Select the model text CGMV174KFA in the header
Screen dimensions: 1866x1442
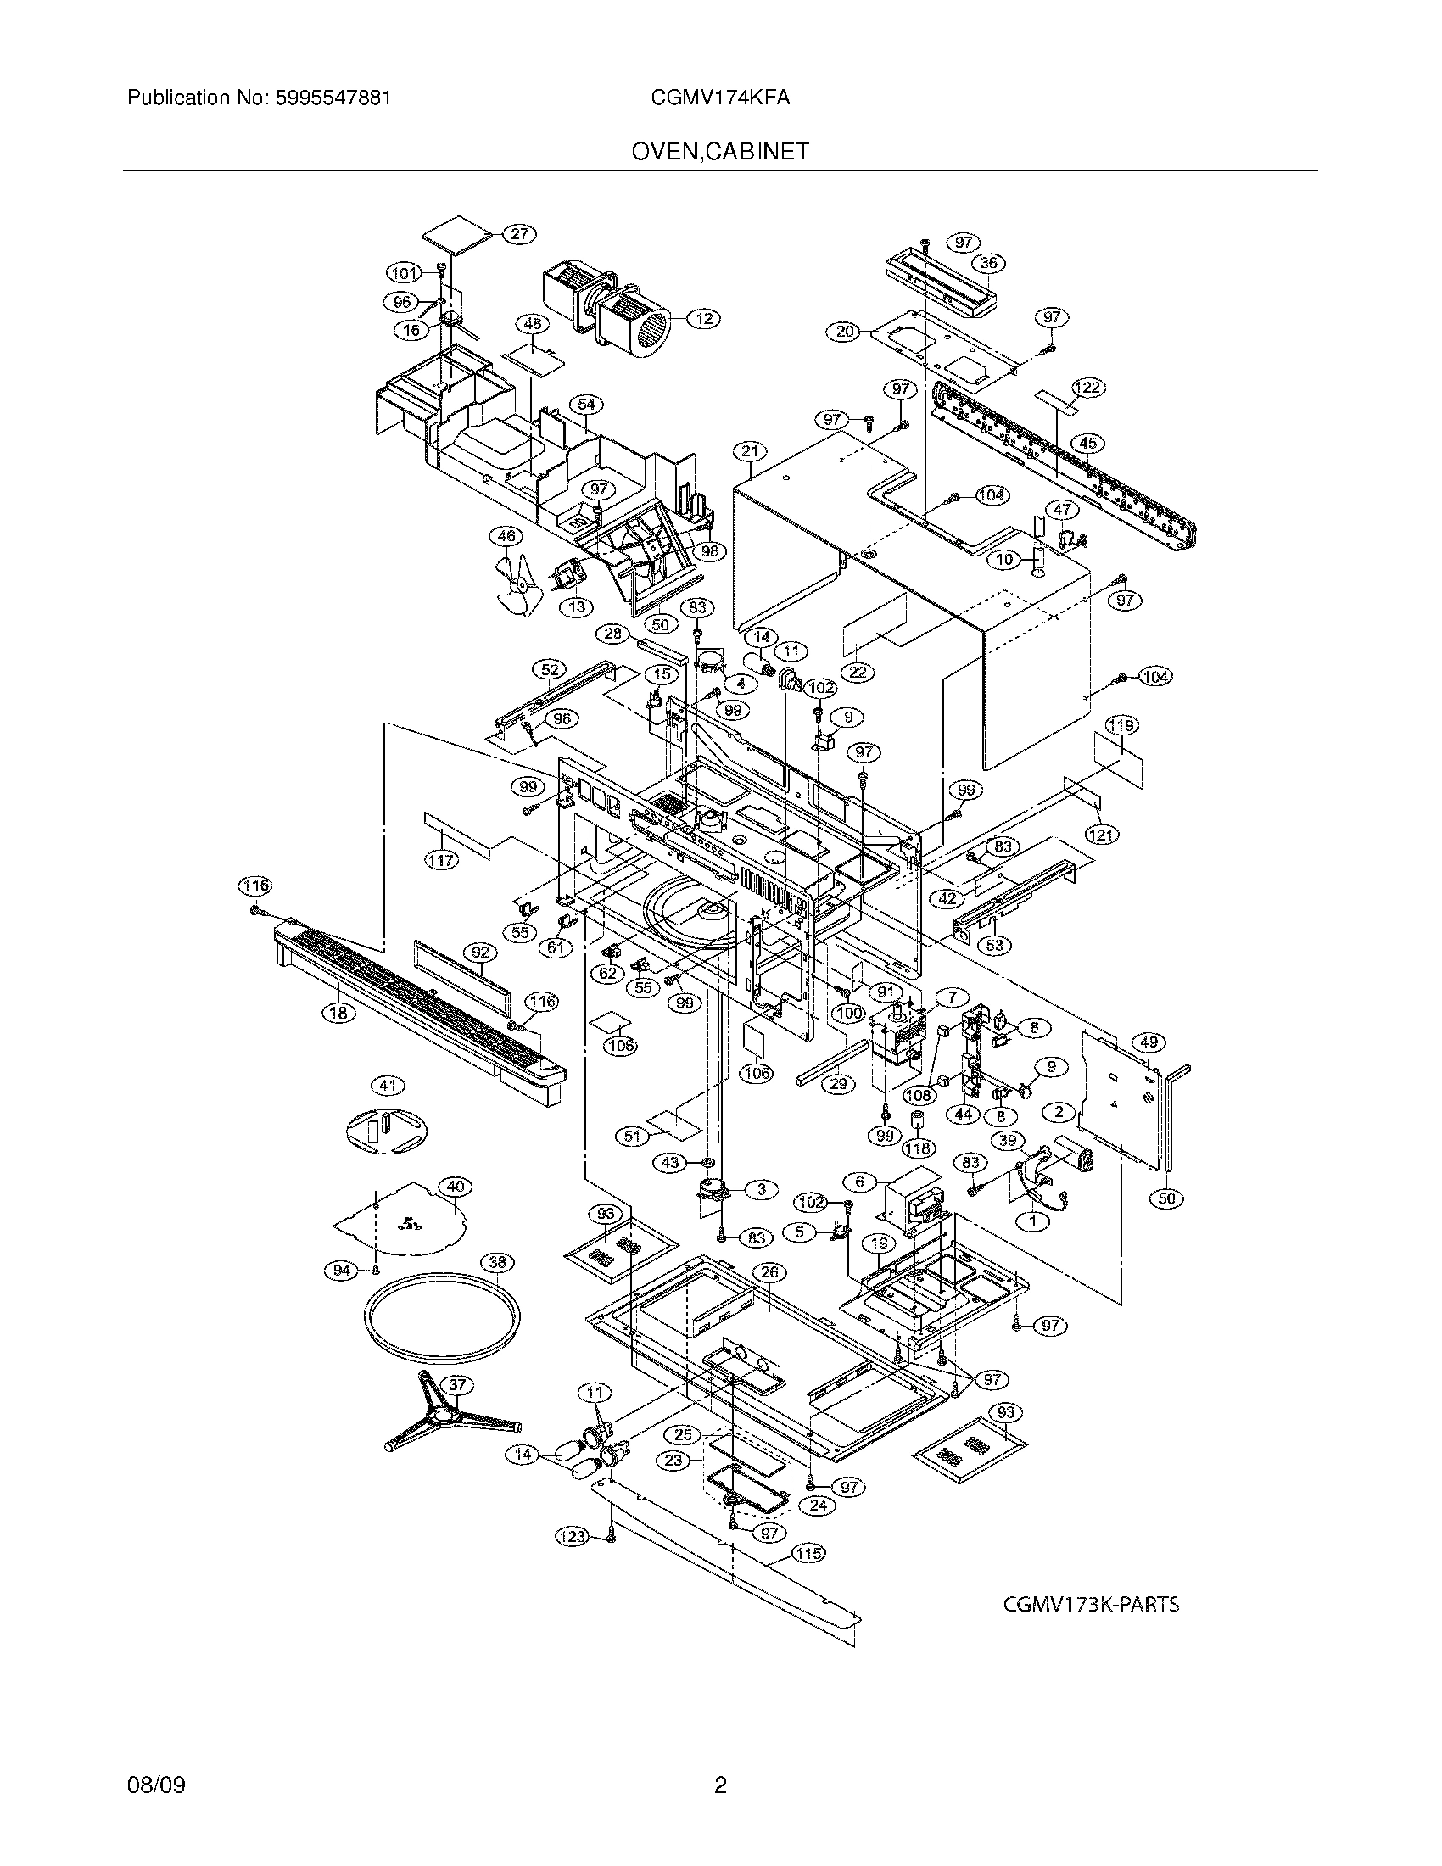(x=719, y=98)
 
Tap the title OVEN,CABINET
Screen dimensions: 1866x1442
(x=719, y=152)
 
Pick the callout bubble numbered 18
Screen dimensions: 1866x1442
(x=339, y=1014)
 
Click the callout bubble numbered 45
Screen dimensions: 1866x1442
(x=1087, y=444)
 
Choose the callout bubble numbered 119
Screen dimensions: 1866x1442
(x=1121, y=725)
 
